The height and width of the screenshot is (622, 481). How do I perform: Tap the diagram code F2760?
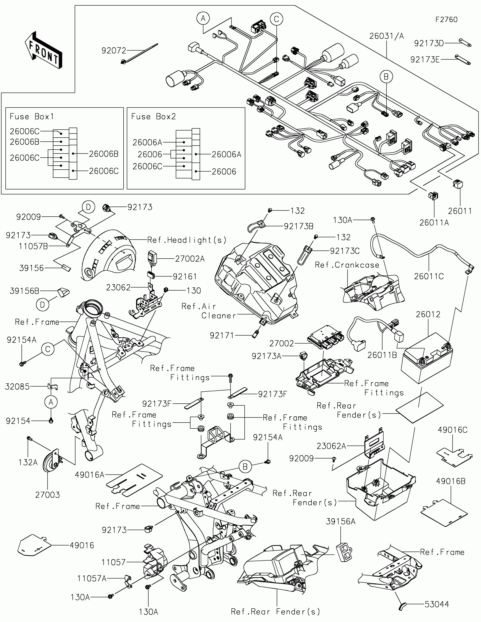coord(446,20)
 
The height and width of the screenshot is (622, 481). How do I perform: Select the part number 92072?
coord(114,51)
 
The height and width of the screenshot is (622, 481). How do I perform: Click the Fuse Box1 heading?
coord(32,116)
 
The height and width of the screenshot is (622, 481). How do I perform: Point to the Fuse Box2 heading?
coord(153,116)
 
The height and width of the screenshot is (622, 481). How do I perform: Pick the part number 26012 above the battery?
coord(428,314)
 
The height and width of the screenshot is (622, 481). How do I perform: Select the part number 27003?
coord(48,495)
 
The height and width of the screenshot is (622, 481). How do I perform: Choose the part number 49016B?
coord(450,481)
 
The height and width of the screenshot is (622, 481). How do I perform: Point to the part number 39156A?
coord(340,521)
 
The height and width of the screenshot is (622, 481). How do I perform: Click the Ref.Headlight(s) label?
coord(186,240)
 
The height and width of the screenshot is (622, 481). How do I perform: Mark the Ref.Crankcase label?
coord(347,265)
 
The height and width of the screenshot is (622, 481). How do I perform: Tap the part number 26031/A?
coord(386,36)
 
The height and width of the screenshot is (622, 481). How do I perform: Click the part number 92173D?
coord(429,43)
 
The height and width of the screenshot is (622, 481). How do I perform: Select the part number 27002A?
coord(190,259)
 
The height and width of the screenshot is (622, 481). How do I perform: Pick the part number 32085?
coord(17,387)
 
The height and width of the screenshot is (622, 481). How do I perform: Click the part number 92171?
coord(222,336)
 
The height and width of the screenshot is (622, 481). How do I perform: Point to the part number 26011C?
coord(429,276)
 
